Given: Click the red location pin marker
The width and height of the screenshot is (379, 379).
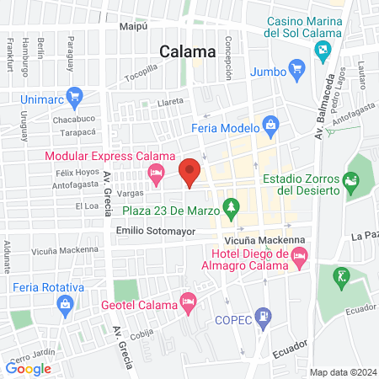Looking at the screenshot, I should (x=189, y=171).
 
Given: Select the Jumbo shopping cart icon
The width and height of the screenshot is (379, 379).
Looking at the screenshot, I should (x=295, y=67).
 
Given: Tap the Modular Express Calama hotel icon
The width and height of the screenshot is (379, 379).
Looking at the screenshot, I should (x=155, y=174).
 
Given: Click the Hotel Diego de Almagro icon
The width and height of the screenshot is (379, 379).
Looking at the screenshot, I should (x=297, y=264).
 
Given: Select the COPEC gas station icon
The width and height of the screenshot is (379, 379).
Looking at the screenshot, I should (x=264, y=318).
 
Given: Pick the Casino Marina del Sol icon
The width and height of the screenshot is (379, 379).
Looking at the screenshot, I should (x=322, y=50).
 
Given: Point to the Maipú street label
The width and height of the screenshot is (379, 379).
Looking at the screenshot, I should (x=133, y=26).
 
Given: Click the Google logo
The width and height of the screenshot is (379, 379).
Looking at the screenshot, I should (x=29, y=367).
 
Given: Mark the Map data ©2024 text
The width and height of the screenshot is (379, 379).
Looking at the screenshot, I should (x=342, y=371).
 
